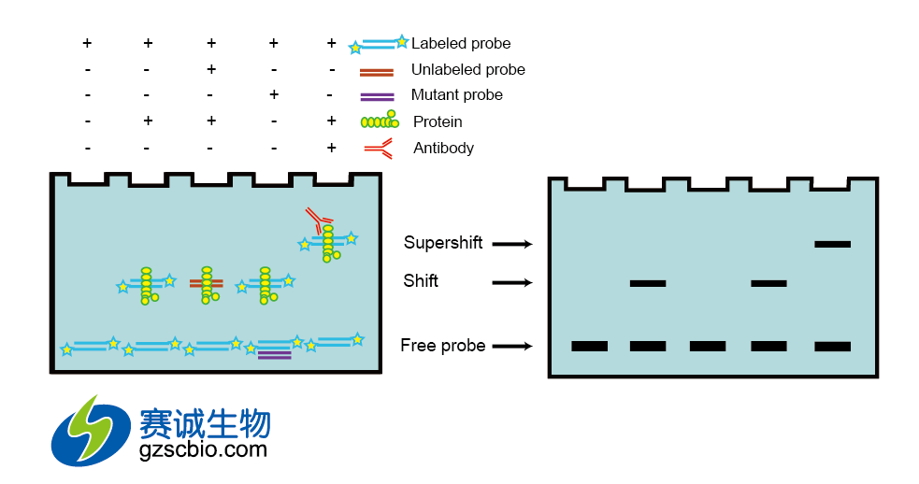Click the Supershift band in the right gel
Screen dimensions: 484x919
(832, 244)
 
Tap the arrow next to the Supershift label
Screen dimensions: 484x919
(511, 244)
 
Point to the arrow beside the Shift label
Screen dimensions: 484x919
(511, 282)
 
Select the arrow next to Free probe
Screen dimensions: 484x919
(511, 347)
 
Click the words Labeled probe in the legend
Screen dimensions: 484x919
(461, 44)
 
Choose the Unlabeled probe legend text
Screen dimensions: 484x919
(467, 70)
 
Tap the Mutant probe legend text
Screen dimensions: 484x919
(456, 95)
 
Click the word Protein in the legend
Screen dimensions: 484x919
(438, 121)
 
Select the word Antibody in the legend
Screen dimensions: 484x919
(443, 148)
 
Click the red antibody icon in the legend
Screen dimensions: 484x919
(378, 147)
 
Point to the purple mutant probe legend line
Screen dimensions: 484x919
(377, 95)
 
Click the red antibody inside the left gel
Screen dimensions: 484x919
(317, 221)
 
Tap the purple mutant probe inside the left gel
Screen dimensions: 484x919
(274, 353)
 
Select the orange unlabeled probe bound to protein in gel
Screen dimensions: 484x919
(206, 282)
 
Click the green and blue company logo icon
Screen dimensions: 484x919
(90, 430)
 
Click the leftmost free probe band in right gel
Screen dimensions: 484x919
(589, 347)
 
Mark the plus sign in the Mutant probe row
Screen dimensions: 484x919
(273, 95)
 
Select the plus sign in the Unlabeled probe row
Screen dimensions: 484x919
(211, 70)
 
